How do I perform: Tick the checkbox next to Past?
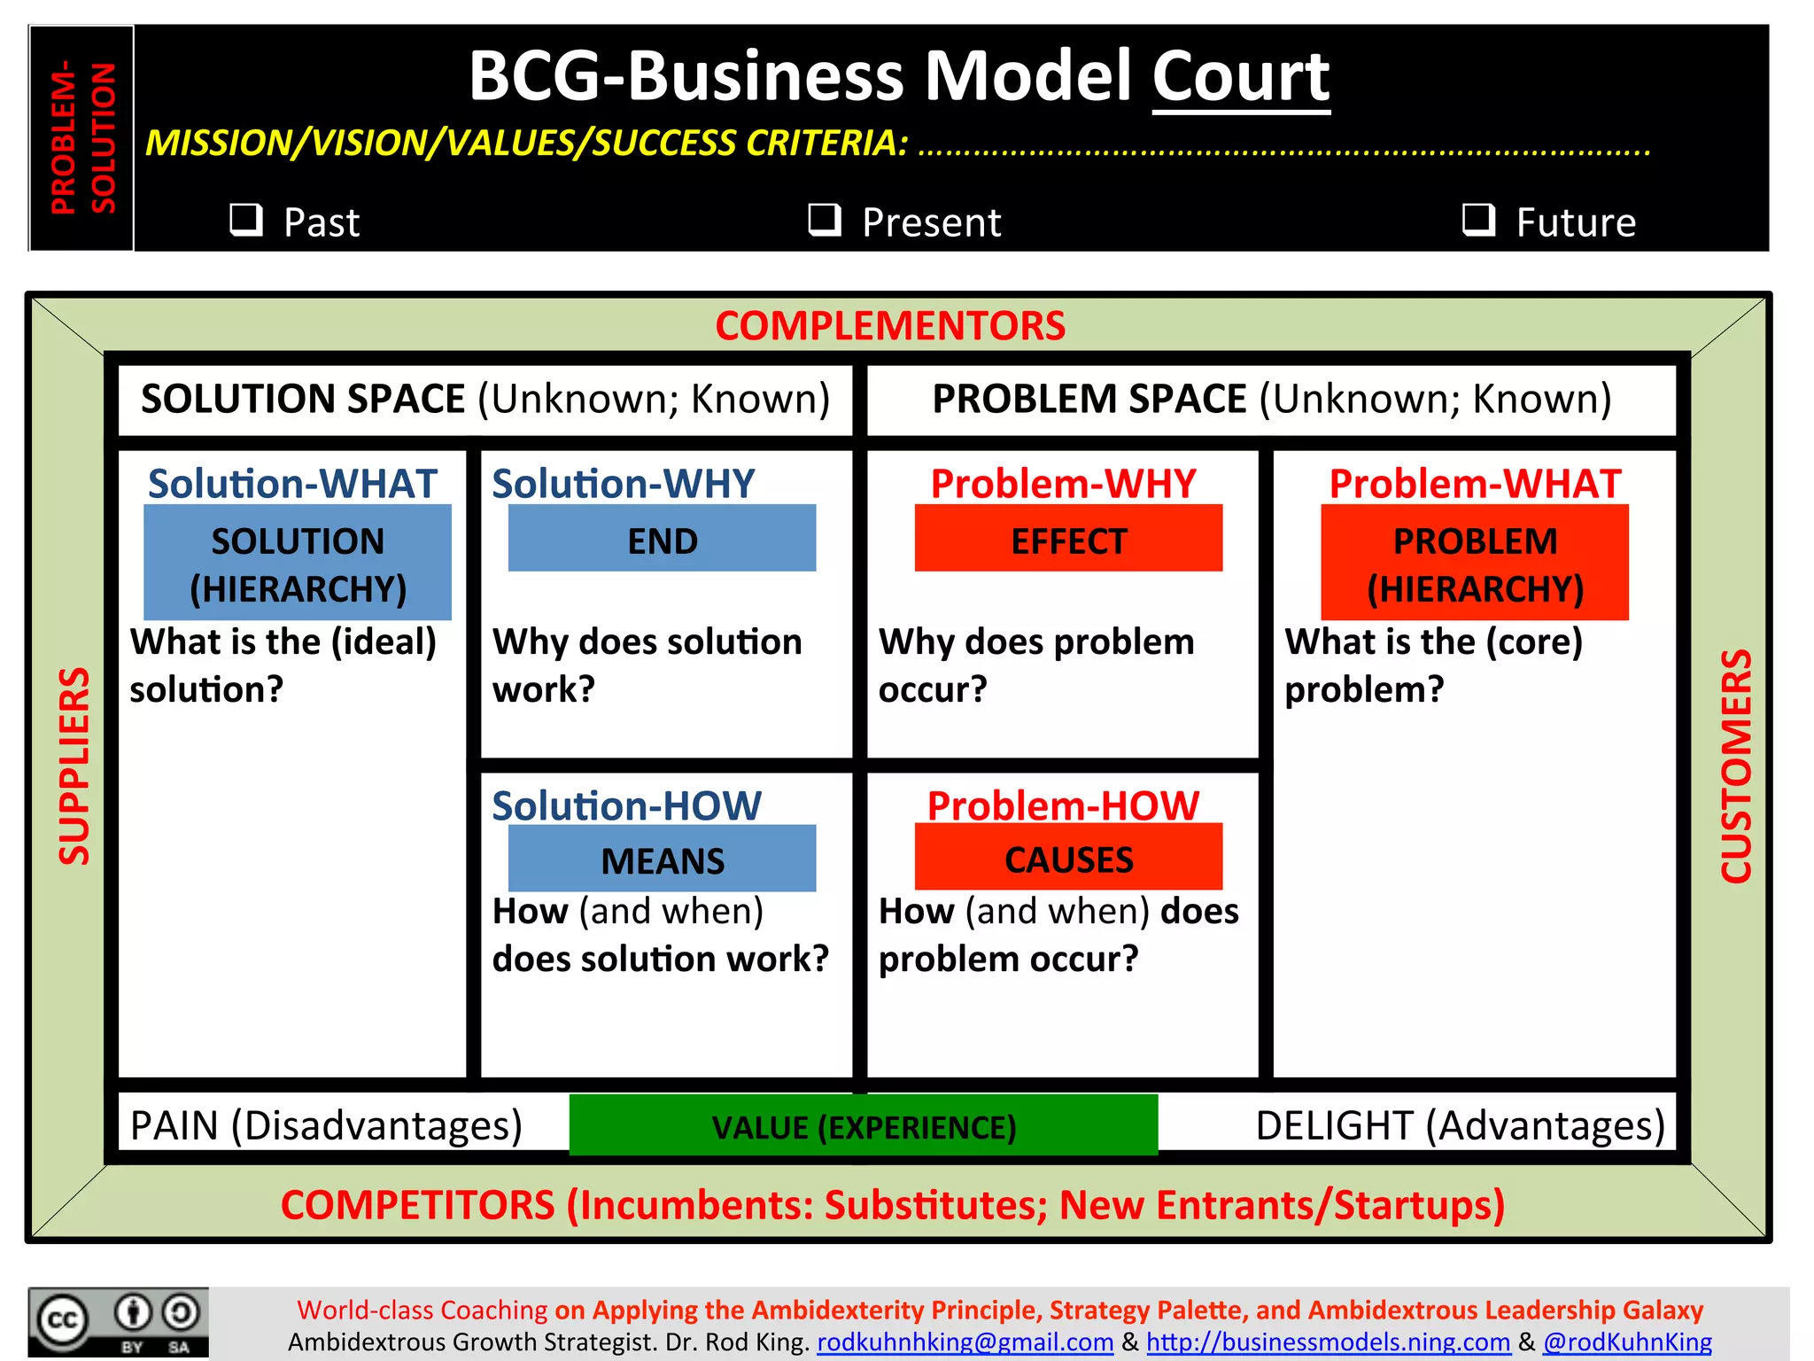246,219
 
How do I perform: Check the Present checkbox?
825,219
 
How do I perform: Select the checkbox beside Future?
1478,219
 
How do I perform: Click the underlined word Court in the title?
1240,77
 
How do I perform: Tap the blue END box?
662,539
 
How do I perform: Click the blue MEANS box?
662,859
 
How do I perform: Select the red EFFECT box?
1068,539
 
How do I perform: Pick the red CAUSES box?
1068,858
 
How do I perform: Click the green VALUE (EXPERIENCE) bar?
864,1125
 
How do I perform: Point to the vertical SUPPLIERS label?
74,766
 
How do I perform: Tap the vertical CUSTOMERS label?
1736,766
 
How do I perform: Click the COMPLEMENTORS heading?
889,326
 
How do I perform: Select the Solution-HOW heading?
626,805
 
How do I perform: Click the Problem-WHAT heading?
1475,484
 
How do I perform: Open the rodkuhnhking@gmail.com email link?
965,1342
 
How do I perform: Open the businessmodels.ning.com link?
1328,1342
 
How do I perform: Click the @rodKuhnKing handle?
1627,1342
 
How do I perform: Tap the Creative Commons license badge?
119,1322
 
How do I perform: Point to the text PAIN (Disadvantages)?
326,1125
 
